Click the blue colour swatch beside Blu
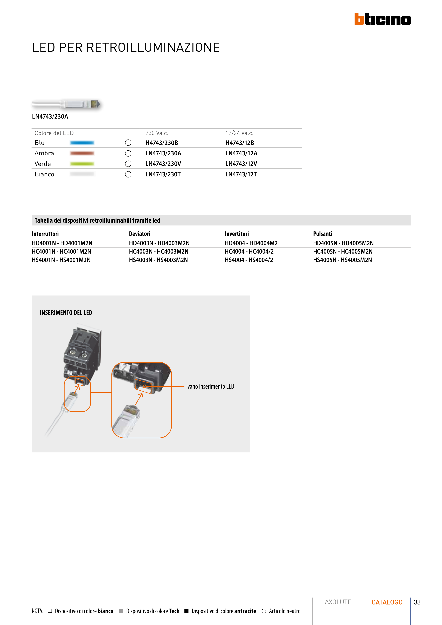82,143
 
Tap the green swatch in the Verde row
82,164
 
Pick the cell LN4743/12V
241,164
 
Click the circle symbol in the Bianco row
128,174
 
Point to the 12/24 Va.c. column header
239,133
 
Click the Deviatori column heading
139,234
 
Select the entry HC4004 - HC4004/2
249,251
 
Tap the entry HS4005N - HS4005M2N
342,260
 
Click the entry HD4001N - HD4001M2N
62,243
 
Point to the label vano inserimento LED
210,386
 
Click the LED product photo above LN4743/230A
66,104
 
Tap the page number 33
417,602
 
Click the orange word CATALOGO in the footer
387,602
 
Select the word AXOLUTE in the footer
338,602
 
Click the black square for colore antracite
187,611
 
